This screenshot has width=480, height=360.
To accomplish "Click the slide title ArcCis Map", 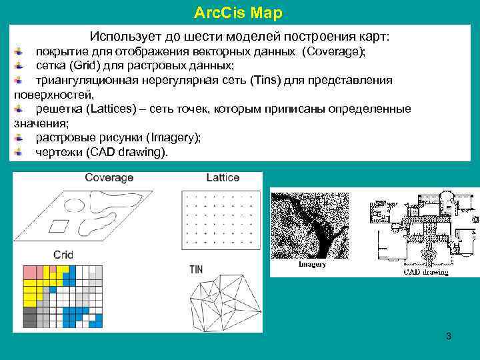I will tap(237, 13).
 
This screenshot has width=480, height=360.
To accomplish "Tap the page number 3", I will tap(449, 336).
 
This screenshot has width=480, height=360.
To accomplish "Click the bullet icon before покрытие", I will tap(19, 51).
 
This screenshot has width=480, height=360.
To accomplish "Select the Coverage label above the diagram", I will tap(109, 177).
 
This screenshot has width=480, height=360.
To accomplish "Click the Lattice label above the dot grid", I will tap(223, 177).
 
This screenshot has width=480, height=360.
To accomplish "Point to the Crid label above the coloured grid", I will tap(63, 255).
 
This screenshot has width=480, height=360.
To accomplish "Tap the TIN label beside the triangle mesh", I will tap(196, 269).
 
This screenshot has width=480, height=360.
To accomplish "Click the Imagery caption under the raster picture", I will tap(311, 265).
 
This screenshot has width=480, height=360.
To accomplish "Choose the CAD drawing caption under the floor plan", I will tap(427, 271).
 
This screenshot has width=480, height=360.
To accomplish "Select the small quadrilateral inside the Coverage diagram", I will tap(60, 225).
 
